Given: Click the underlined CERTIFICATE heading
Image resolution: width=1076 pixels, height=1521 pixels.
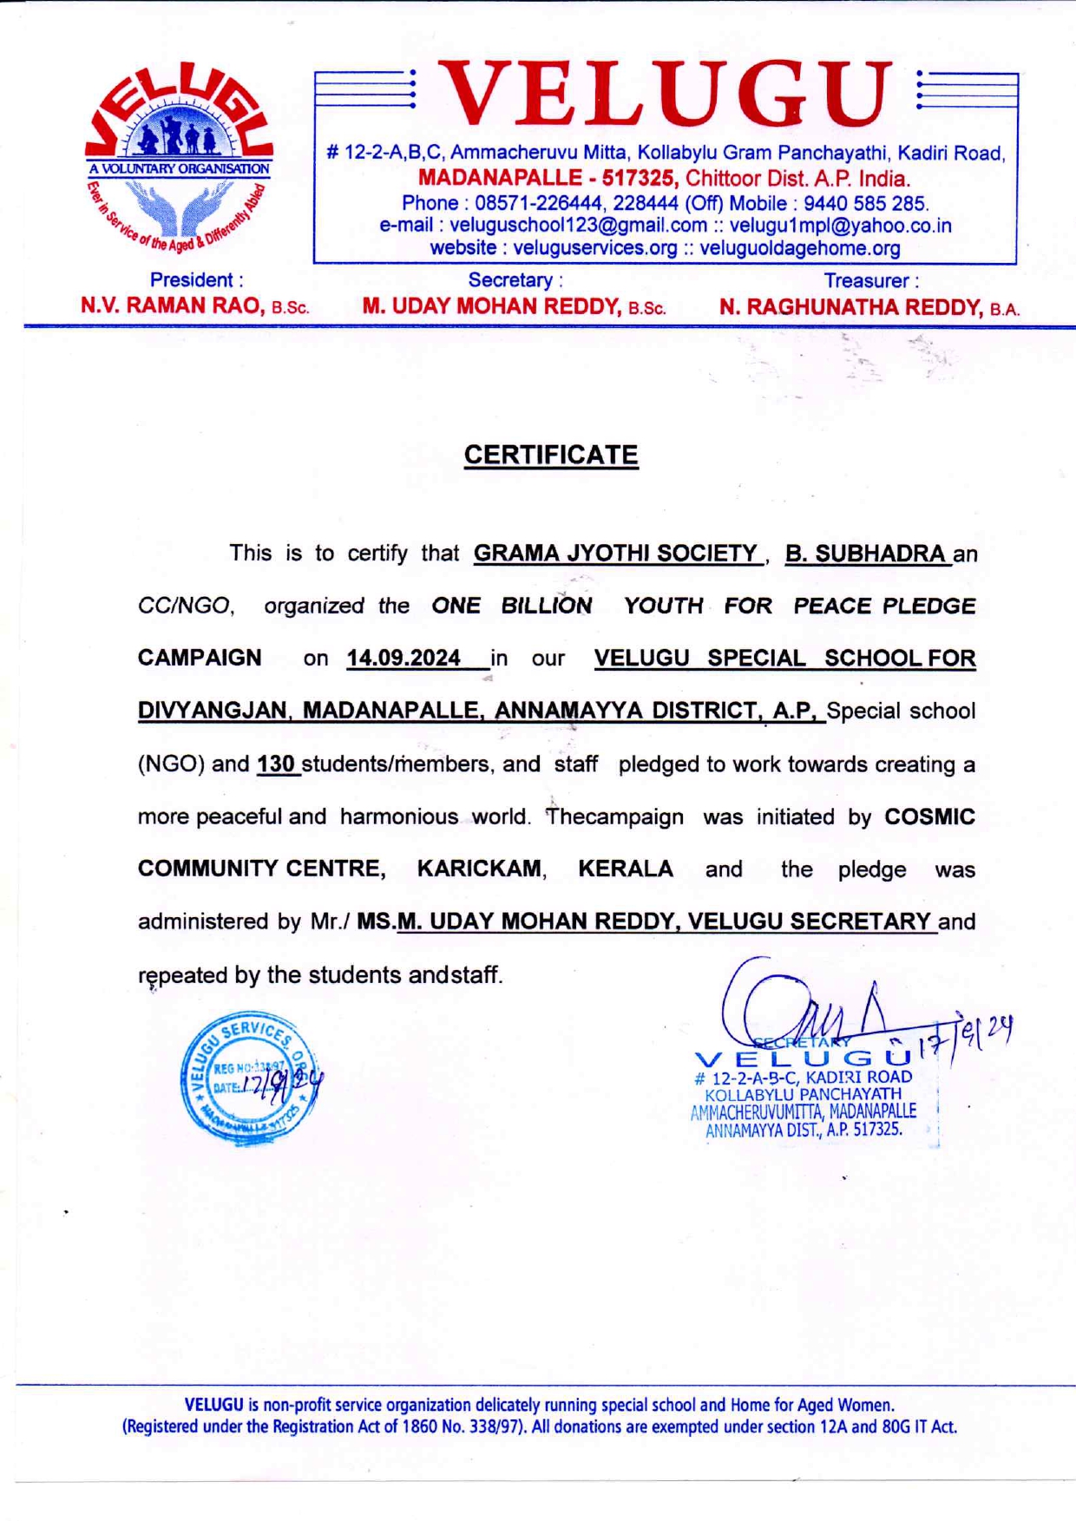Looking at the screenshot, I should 551,456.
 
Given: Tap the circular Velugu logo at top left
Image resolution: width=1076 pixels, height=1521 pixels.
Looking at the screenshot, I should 180,157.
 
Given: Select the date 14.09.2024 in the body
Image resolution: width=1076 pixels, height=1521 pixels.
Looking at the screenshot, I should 403,659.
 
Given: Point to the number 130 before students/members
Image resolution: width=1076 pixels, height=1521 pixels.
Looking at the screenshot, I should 276,764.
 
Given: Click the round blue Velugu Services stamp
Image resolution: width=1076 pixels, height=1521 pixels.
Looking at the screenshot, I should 249,1078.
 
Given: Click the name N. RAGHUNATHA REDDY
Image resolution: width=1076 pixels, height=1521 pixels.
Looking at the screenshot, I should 850,307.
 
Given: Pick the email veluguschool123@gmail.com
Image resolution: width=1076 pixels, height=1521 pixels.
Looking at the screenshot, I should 578,226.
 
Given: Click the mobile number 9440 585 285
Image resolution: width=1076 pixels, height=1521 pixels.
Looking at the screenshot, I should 865,203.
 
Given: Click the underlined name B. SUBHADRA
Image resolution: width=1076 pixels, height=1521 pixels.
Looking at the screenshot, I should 864,554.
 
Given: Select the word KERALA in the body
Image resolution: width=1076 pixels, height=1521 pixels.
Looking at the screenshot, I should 626,869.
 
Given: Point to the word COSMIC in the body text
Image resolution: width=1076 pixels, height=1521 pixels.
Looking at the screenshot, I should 929,817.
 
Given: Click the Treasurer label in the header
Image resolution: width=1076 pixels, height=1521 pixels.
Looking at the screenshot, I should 870,281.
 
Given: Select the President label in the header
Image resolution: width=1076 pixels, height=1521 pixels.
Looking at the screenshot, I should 196,280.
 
